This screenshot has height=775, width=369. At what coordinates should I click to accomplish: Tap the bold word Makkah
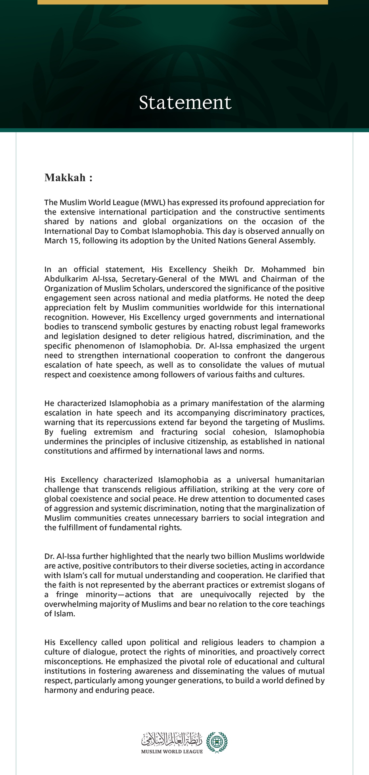coord(65,178)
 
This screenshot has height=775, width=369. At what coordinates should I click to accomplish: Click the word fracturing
coord(179,432)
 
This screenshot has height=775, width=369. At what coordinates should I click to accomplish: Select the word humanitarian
coord(299,480)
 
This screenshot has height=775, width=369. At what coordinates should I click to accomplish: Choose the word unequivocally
coord(225,595)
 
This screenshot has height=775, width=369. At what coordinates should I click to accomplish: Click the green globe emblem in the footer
coord(217,742)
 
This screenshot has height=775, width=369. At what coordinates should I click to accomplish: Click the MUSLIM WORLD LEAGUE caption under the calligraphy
coord(172,751)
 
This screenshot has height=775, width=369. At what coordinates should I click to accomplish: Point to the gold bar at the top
coord(183,2)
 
